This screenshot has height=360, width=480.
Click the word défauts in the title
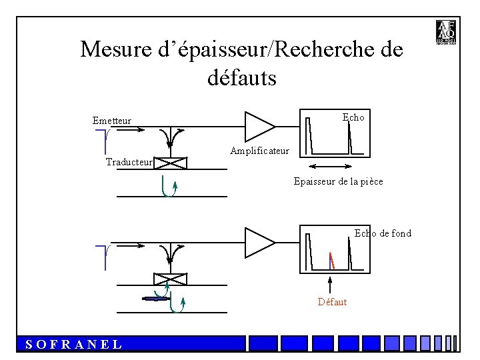[x=241, y=79]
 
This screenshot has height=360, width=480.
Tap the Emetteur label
[x=112, y=121]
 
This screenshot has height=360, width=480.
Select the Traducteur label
[x=129, y=162]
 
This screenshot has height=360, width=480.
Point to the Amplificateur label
[x=259, y=151]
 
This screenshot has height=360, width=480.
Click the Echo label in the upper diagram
[x=353, y=117]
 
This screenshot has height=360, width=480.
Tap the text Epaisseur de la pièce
[x=338, y=181]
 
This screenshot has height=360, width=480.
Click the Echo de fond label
[x=383, y=233]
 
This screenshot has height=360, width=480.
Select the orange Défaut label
[x=332, y=302]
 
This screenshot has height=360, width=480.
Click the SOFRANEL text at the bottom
[x=73, y=344]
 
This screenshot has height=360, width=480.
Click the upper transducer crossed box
[x=172, y=163]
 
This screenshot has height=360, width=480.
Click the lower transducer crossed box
[x=170, y=279]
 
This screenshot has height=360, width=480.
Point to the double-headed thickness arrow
[x=331, y=167]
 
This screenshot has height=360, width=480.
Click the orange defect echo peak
[x=331, y=260]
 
